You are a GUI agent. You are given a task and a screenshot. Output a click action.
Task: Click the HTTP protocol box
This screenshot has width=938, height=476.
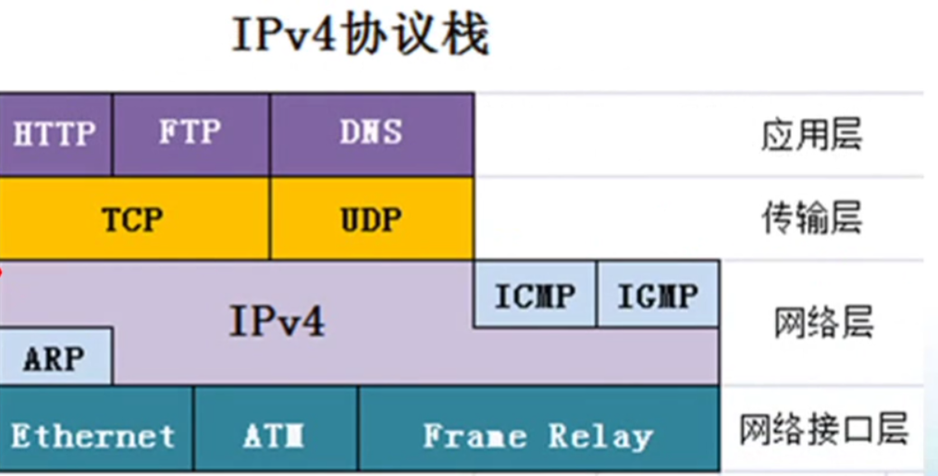tap(56, 134)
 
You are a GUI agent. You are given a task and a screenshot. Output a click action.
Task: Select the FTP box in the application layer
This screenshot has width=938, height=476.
tap(191, 134)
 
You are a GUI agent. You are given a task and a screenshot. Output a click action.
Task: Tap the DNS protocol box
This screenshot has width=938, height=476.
tap(371, 134)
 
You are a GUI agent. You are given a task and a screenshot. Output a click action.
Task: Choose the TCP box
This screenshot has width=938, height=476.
tap(133, 219)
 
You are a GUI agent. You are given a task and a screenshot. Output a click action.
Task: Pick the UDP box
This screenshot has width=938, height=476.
tap(371, 219)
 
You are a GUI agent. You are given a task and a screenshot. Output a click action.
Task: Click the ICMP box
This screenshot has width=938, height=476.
tap(535, 295)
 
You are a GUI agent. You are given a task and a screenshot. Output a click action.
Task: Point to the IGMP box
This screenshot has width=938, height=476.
tap(658, 295)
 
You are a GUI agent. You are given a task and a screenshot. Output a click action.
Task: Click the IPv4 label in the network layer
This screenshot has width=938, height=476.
tap(278, 322)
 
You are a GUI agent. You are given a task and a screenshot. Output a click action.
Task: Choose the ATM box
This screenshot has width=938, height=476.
tap(275, 435)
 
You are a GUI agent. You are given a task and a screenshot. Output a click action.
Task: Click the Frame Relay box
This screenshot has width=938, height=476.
tap(538, 435)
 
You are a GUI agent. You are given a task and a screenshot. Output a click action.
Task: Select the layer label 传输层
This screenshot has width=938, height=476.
tap(811, 219)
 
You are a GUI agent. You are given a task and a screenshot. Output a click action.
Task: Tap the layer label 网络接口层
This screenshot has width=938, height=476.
tap(824, 430)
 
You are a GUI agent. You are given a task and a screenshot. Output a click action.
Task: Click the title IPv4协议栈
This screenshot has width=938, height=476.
tap(360, 36)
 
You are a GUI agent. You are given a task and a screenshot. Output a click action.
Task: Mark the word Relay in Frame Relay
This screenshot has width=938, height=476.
tap(600, 435)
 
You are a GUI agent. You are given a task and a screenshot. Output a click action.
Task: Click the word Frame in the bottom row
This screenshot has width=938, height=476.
tap(475, 435)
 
